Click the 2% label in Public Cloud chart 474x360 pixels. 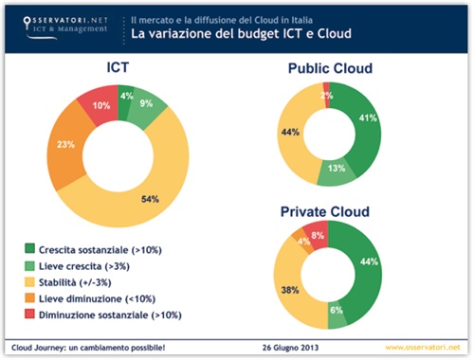pos(326,95)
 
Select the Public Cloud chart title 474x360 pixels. pos(329,68)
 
